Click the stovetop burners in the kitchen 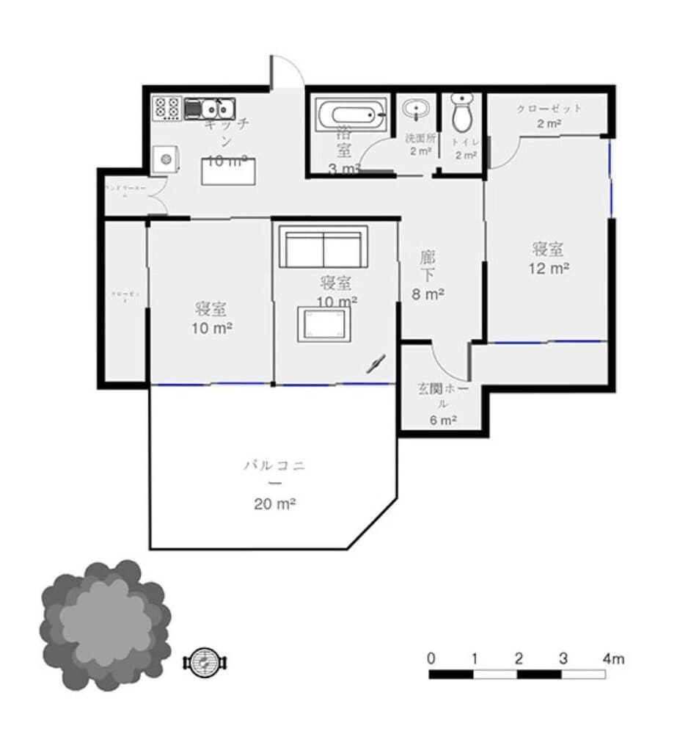[167, 109]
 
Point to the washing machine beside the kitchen [166, 159]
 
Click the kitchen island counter [229, 170]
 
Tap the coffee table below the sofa [322, 324]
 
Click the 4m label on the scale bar [613, 659]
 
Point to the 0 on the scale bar [432, 658]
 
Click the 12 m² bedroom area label [549, 269]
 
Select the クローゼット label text [549, 109]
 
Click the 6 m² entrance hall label [443, 421]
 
